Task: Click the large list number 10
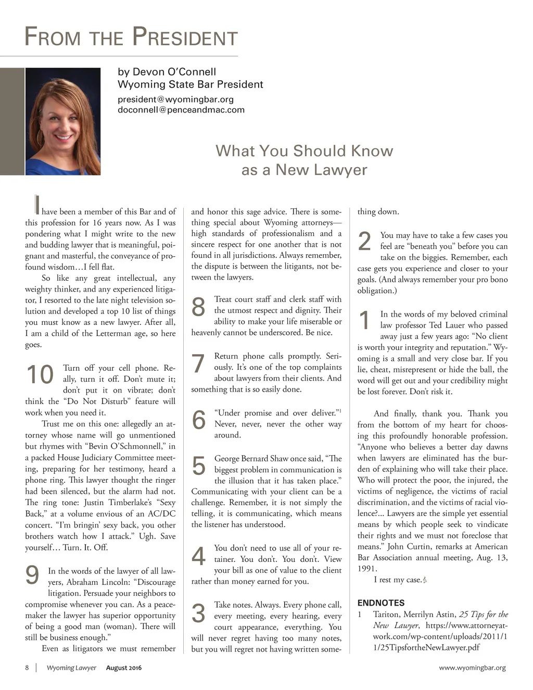point(40,375)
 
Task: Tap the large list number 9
point(32,575)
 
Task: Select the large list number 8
point(198,307)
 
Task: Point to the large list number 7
point(198,364)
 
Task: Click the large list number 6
point(199,420)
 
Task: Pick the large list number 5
point(198,466)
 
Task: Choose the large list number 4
point(199,556)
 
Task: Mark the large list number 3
point(198,613)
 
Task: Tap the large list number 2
point(365,242)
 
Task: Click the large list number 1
point(365,320)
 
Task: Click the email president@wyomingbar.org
point(175,99)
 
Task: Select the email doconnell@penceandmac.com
point(181,110)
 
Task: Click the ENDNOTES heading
point(380,603)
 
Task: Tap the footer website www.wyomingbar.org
point(472,668)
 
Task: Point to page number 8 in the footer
point(27,668)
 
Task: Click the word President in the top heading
point(185,37)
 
